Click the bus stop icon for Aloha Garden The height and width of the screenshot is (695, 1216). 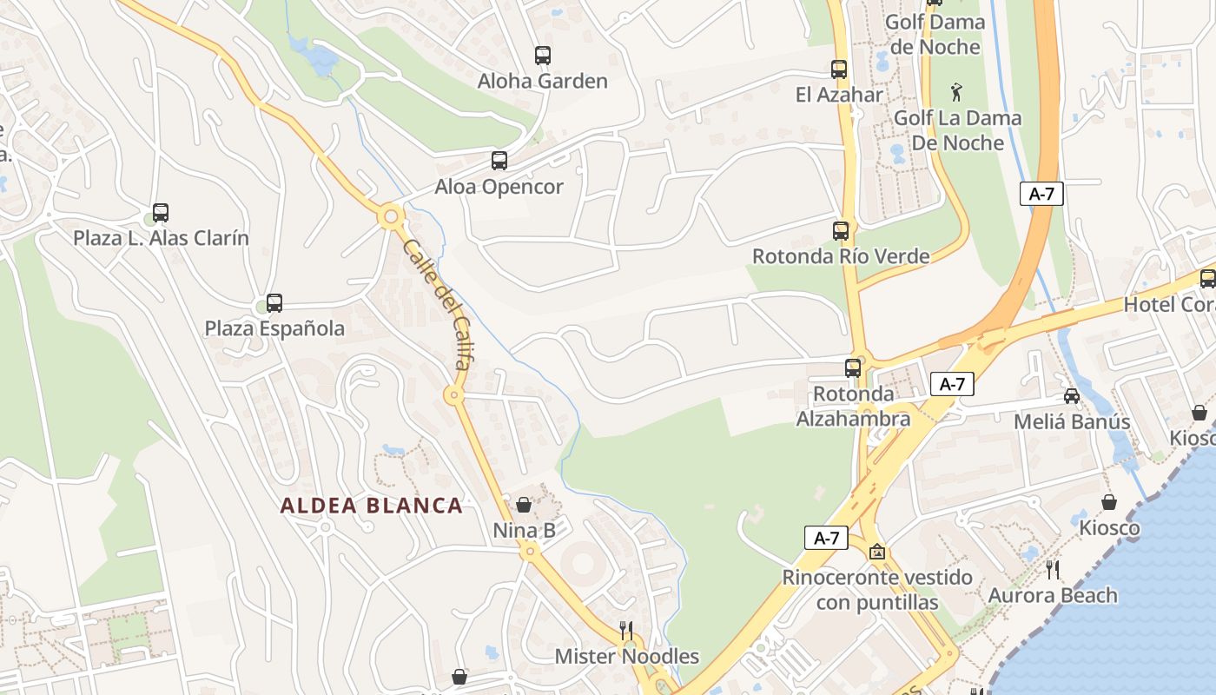click(543, 56)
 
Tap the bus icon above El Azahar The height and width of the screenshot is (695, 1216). click(838, 69)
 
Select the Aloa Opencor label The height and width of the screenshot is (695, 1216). click(499, 187)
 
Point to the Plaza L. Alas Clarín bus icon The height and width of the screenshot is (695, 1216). click(161, 213)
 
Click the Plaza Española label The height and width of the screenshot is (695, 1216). click(274, 328)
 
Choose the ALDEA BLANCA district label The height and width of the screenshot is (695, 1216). click(371, 506)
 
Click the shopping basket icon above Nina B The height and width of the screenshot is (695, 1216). click(524, 505)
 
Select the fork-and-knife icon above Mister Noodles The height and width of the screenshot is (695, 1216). click(625, 630)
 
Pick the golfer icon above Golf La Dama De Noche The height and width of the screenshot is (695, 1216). click(956, 91)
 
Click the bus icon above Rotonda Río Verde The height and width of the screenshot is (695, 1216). click(840, 231)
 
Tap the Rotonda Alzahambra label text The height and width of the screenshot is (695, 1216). click(853, 407)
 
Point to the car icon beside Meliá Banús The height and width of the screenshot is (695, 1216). click(1072, 396)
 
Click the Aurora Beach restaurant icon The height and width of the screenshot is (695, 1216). click(1053, 570)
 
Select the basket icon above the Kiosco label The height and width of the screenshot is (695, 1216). click(1109, 502)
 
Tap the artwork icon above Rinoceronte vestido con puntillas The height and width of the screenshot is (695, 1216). click(877, 552)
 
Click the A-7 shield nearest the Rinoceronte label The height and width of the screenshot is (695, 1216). click(826, 538)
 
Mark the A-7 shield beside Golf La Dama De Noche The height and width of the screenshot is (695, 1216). click(1041, 194)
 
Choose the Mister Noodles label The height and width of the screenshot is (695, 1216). click(627, 656)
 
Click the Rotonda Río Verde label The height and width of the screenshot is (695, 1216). click(840, 256)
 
